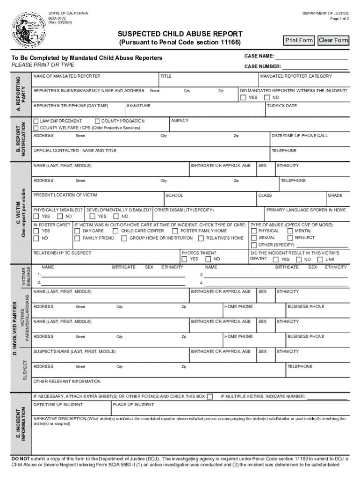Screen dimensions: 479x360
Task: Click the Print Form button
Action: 299,40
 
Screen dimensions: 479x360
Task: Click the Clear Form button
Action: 333,40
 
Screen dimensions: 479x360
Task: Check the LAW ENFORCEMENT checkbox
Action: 36,121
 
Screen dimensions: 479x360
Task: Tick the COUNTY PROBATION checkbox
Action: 97,121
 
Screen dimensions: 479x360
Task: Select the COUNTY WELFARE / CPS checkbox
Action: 36,128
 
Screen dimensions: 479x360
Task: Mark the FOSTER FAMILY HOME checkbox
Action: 175,231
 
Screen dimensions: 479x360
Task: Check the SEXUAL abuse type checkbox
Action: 254,238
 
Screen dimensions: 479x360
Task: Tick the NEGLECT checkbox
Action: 290,238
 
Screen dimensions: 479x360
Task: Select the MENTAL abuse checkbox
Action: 290,231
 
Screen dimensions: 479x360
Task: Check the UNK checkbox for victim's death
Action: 320,260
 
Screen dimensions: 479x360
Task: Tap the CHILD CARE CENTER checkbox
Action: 115,231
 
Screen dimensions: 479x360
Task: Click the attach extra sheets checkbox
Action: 210,397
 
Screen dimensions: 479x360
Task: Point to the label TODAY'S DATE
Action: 282,106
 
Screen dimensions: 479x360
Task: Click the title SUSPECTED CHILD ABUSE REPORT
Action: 180,34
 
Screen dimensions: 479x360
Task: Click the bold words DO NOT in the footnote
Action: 21,459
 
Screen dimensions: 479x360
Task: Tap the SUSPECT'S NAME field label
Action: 74,351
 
